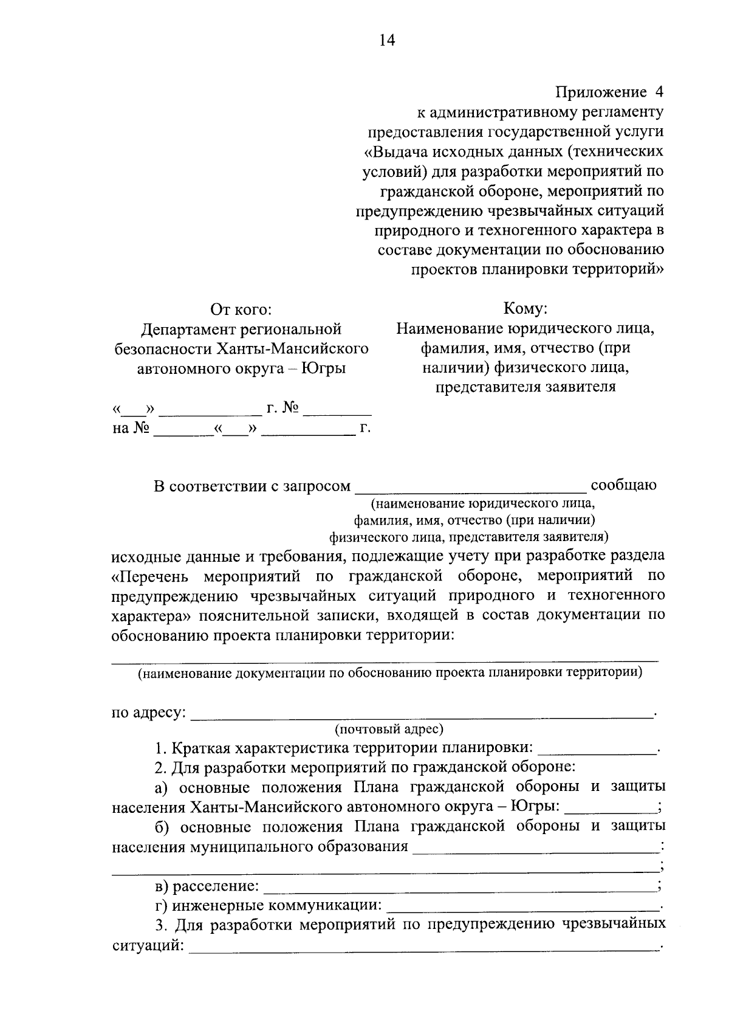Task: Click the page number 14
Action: [387, 40]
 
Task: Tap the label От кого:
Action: [241, 309]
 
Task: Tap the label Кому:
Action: [525, 309]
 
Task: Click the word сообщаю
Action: [623, 486]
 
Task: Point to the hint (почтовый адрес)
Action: [389, 728]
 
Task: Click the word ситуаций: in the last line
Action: [148, 946]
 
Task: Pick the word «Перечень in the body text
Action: [151, 575]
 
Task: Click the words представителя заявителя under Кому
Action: [525, 387]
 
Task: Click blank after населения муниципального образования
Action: [536, 847]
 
